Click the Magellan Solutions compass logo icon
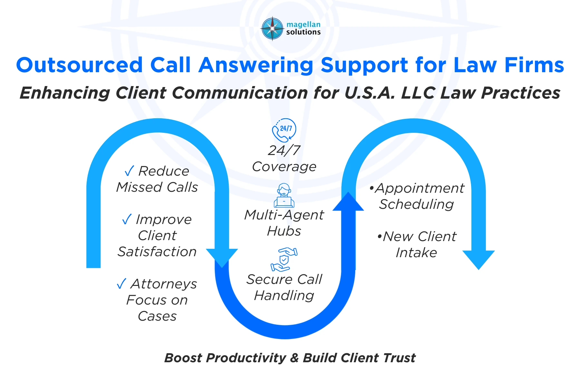click(273, 28)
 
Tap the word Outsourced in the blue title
click(79, 65)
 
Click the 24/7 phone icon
click(284, 130)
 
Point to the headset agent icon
click(284, 195)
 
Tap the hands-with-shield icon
click(284, 259)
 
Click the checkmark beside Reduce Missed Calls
click(129, 171)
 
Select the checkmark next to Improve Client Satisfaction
click(127, 219)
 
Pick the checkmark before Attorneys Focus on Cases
click(121, 284)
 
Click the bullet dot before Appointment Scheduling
click(372, 188)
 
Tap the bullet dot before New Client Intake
click(380, 237)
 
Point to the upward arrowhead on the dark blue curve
click(348, 202)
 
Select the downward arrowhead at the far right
click(479, 259)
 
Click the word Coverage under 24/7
click(284, 167)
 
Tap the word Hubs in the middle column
click(284, 231)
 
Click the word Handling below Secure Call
click(284, 296)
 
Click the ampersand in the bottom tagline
click(294, 358)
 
